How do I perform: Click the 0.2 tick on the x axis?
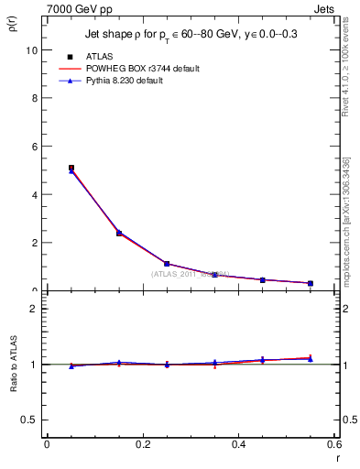point(142,445)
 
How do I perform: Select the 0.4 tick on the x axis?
point(238,445)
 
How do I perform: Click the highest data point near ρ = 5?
point(71,169)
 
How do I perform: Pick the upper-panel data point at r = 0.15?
point(119,233)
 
